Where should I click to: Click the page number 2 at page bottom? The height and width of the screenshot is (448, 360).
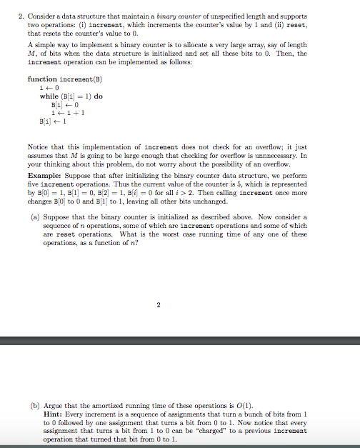(x=159, y=306)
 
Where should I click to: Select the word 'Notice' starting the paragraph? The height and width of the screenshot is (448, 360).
(x=39, y=147)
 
